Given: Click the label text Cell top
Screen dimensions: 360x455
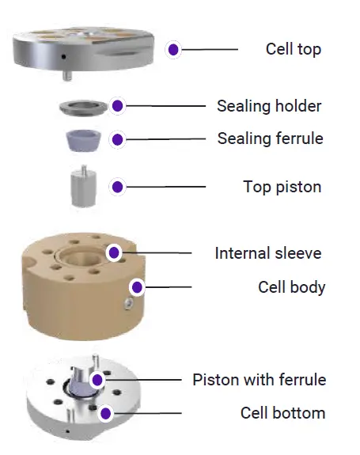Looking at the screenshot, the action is (x=294, y=49).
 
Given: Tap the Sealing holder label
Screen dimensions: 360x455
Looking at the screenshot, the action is (x=269, y=106).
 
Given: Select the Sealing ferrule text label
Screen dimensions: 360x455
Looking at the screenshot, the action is (x=270, y=138).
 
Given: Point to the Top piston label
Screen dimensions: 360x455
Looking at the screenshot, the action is (x=282, y=187).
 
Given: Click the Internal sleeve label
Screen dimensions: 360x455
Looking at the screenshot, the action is (x=268, y=253).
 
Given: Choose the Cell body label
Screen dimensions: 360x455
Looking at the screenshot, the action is (x=291, y=287).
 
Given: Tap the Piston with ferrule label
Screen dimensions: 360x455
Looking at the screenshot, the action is (x=260, y=380).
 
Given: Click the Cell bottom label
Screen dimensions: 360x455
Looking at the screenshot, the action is (x=282, y=413).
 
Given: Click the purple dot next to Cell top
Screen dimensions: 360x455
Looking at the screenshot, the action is (x=173, y=50).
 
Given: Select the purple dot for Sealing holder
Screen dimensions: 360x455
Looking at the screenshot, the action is (x=117, y=106).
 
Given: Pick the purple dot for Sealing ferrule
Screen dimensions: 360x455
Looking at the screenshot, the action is (x=117, y=139).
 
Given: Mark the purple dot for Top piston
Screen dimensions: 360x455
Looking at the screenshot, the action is (x=117, y=187).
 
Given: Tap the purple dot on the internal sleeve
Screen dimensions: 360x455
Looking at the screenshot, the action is (x=114, y=252).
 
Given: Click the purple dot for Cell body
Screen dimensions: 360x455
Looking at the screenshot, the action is (x=137, y=287).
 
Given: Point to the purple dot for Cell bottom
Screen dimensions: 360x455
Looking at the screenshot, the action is (x=105, y=413).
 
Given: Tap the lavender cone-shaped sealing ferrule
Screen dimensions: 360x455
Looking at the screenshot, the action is (x=83, y=141).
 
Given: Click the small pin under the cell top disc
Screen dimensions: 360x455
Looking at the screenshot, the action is (x=67, y=76).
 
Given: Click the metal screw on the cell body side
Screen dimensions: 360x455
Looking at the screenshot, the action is (x=128, y=304).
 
